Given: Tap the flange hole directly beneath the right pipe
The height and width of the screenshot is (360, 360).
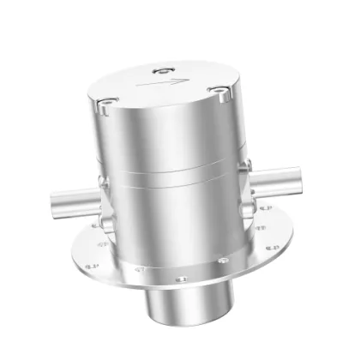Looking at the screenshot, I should point(262,229).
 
